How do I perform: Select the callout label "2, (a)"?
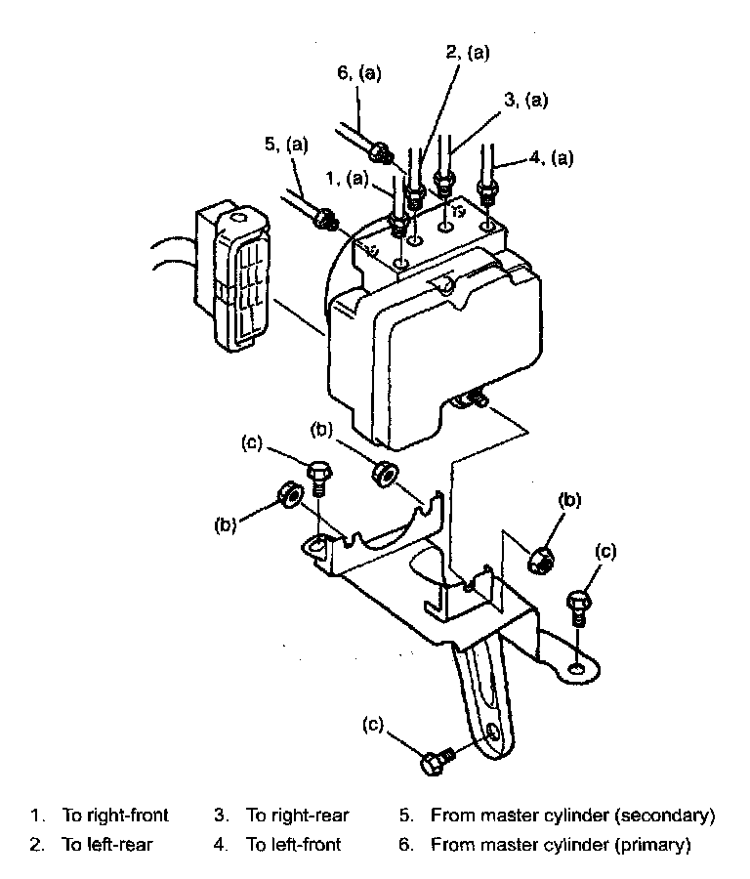point(467,55)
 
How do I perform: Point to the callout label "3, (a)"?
point(526,100)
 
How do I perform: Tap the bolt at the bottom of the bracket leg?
point(436,762)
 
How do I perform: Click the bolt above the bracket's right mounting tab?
point(578,606)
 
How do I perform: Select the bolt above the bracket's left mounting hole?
point(319,476)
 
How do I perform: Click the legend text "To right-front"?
point(115,815)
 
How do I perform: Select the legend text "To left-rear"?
point(107,845)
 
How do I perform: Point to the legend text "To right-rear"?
point(297,815)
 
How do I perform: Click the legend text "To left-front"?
point(293,845)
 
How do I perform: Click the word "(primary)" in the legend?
point(648,845)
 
